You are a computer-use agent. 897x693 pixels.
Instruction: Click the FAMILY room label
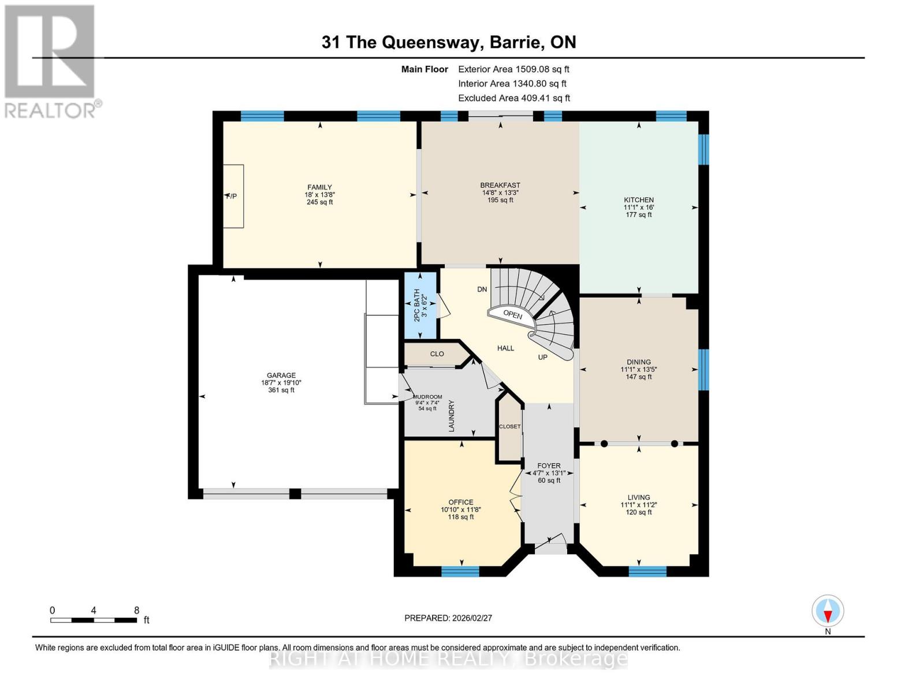tap(319, 187)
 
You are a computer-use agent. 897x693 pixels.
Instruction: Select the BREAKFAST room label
tap(500, 185)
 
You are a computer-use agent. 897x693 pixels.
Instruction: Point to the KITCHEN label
tap(638, 200)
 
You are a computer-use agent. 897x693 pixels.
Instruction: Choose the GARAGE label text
tap(281, 375)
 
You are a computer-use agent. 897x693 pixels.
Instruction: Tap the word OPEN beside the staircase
tap(512, 315)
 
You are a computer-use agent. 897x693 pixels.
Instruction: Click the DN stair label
tap(482, 289)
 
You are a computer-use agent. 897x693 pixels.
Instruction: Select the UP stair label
tap(542, 357)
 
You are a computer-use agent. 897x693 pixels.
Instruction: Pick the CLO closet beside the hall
tap(437, 354)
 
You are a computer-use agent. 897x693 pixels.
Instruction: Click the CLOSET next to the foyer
tap(509, 427)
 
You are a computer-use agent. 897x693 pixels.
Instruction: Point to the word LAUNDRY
tap(452, 416)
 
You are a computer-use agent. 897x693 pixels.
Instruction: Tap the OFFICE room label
tap(460, 502)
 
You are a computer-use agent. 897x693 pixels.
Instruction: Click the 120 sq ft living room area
tap(638, 512)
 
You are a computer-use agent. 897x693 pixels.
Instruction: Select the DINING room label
tap(638, 362)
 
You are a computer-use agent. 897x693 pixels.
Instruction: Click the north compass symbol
tap(828, 611)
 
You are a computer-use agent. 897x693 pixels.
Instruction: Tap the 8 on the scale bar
tap(137, 610)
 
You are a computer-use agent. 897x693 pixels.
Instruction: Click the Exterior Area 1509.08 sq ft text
tap(513, 69)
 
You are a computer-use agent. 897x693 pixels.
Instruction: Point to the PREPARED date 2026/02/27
tap(448, 618)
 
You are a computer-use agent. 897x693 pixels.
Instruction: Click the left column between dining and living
tap(604, 444)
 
